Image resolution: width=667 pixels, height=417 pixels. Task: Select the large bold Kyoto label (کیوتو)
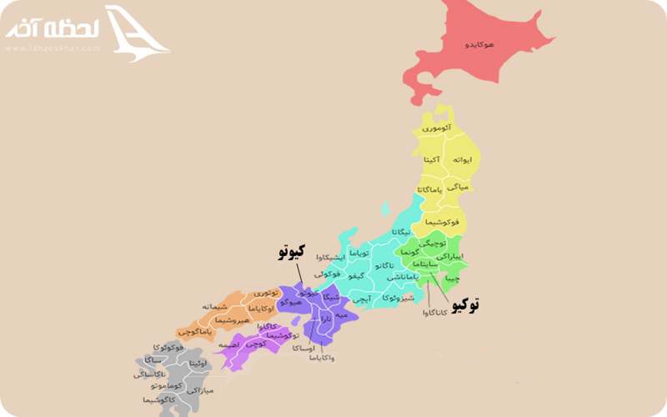point(291,251)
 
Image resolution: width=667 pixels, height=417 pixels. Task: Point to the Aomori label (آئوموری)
point(436,128)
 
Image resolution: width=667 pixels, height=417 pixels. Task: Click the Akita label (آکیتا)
point(431,158)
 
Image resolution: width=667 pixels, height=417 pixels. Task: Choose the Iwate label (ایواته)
point(464,158)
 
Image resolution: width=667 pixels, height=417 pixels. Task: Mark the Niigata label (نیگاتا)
point(400,231)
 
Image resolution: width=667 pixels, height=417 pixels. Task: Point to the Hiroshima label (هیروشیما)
point(233,319)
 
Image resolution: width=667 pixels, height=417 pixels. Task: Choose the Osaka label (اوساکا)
point(297,348)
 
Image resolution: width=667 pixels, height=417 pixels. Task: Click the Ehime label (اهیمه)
point(231,344)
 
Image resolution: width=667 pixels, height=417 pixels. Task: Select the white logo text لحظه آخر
point(53,28)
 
